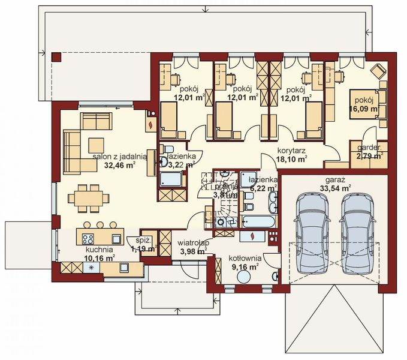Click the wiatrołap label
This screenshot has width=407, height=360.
click(x=192, y=243)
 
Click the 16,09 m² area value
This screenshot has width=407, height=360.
click(x=365, y=109)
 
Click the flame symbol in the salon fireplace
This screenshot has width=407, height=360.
click(x=150, y=125)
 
